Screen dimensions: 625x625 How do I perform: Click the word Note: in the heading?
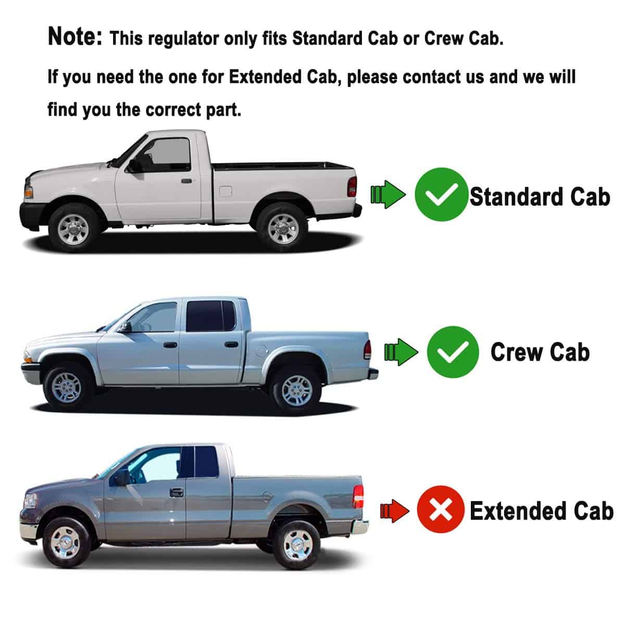click(75, 36)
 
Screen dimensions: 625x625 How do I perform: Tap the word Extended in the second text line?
click(265, 77)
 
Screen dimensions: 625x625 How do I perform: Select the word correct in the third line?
click(173, 109)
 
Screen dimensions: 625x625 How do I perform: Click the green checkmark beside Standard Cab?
click(441, 194)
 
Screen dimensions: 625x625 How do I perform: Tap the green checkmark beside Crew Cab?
click(453, 352)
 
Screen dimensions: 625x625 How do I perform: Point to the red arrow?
click(394, 511)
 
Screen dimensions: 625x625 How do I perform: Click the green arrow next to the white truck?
click(388, 195)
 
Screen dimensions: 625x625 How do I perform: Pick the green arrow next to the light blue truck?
click(401, 352)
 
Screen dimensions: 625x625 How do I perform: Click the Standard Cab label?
click(540, 197)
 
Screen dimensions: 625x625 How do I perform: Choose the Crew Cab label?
click(540, 352)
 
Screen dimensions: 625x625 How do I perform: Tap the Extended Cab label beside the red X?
click(541, 511)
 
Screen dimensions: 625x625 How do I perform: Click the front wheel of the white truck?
click(73, 229)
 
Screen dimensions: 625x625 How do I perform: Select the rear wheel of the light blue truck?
click(296, 390)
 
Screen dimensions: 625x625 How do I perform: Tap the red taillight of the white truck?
click(352, 186)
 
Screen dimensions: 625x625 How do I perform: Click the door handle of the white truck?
click(186, 181)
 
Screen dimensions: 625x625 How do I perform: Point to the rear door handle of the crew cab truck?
click(230, 344)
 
